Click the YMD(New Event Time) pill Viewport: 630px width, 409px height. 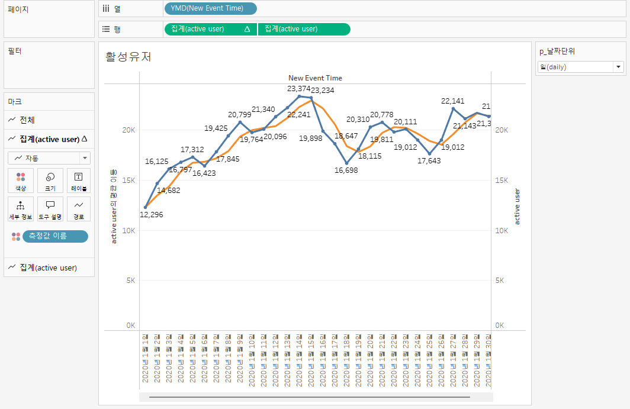210,8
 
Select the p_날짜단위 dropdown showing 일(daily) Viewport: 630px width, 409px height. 580,67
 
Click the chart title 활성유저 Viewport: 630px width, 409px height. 128,57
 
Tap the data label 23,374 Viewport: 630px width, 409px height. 299,88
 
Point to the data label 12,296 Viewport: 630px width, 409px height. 152,214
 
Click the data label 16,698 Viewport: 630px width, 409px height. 346,170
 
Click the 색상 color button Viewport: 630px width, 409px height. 21,181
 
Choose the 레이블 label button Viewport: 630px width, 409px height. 79,181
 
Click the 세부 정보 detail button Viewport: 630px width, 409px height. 21,209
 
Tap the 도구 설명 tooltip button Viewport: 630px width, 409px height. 50,209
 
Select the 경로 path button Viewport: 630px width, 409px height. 79,209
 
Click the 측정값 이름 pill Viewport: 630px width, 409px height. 55,236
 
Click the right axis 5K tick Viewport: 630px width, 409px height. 500,281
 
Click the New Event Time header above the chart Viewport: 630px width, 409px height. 315,78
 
